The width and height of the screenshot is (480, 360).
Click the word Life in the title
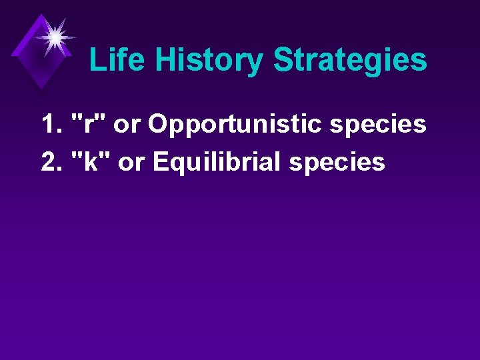pos(118,60)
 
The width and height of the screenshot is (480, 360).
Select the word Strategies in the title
pos(350,61)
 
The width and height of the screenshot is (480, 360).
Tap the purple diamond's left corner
pos(12,51)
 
